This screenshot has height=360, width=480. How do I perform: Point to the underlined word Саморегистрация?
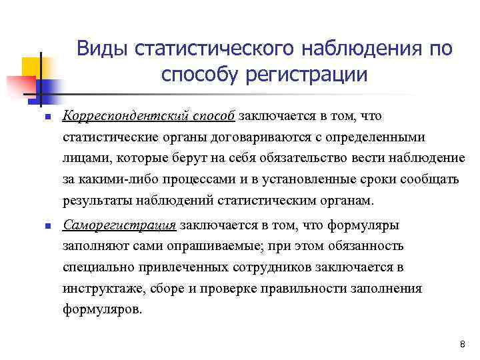pos(120,225)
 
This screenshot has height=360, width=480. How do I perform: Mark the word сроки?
pos(367,180)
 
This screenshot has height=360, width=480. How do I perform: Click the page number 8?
pos(462,343)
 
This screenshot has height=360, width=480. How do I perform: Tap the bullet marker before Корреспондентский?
pos(39,117)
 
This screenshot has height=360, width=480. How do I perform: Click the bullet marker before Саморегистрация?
pos(39,225)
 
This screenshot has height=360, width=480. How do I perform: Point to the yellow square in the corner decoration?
pos(31,66)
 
